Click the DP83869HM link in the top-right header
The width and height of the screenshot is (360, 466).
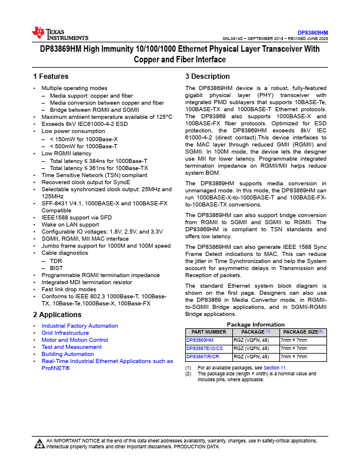coord(312,32)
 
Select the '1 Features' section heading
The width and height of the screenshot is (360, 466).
coord(51,76)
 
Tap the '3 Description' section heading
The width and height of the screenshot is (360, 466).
coord(207,76)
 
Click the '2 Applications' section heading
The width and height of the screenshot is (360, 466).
coord(56,315)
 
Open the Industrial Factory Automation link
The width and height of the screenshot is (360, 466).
coord(79,326)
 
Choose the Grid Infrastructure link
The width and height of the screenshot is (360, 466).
coord(65,333)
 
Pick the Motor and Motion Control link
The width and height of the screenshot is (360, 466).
coord(74,340)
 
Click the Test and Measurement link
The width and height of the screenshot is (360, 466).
coord(71,347)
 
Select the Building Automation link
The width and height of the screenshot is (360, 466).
coord(68,354)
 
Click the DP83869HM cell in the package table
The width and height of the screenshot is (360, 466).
coord(200,340)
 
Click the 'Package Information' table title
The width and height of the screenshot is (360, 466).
coord(255,324)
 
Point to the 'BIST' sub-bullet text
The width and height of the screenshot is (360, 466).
coord(56,267)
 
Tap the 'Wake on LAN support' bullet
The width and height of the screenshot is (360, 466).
coord(70,225)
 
